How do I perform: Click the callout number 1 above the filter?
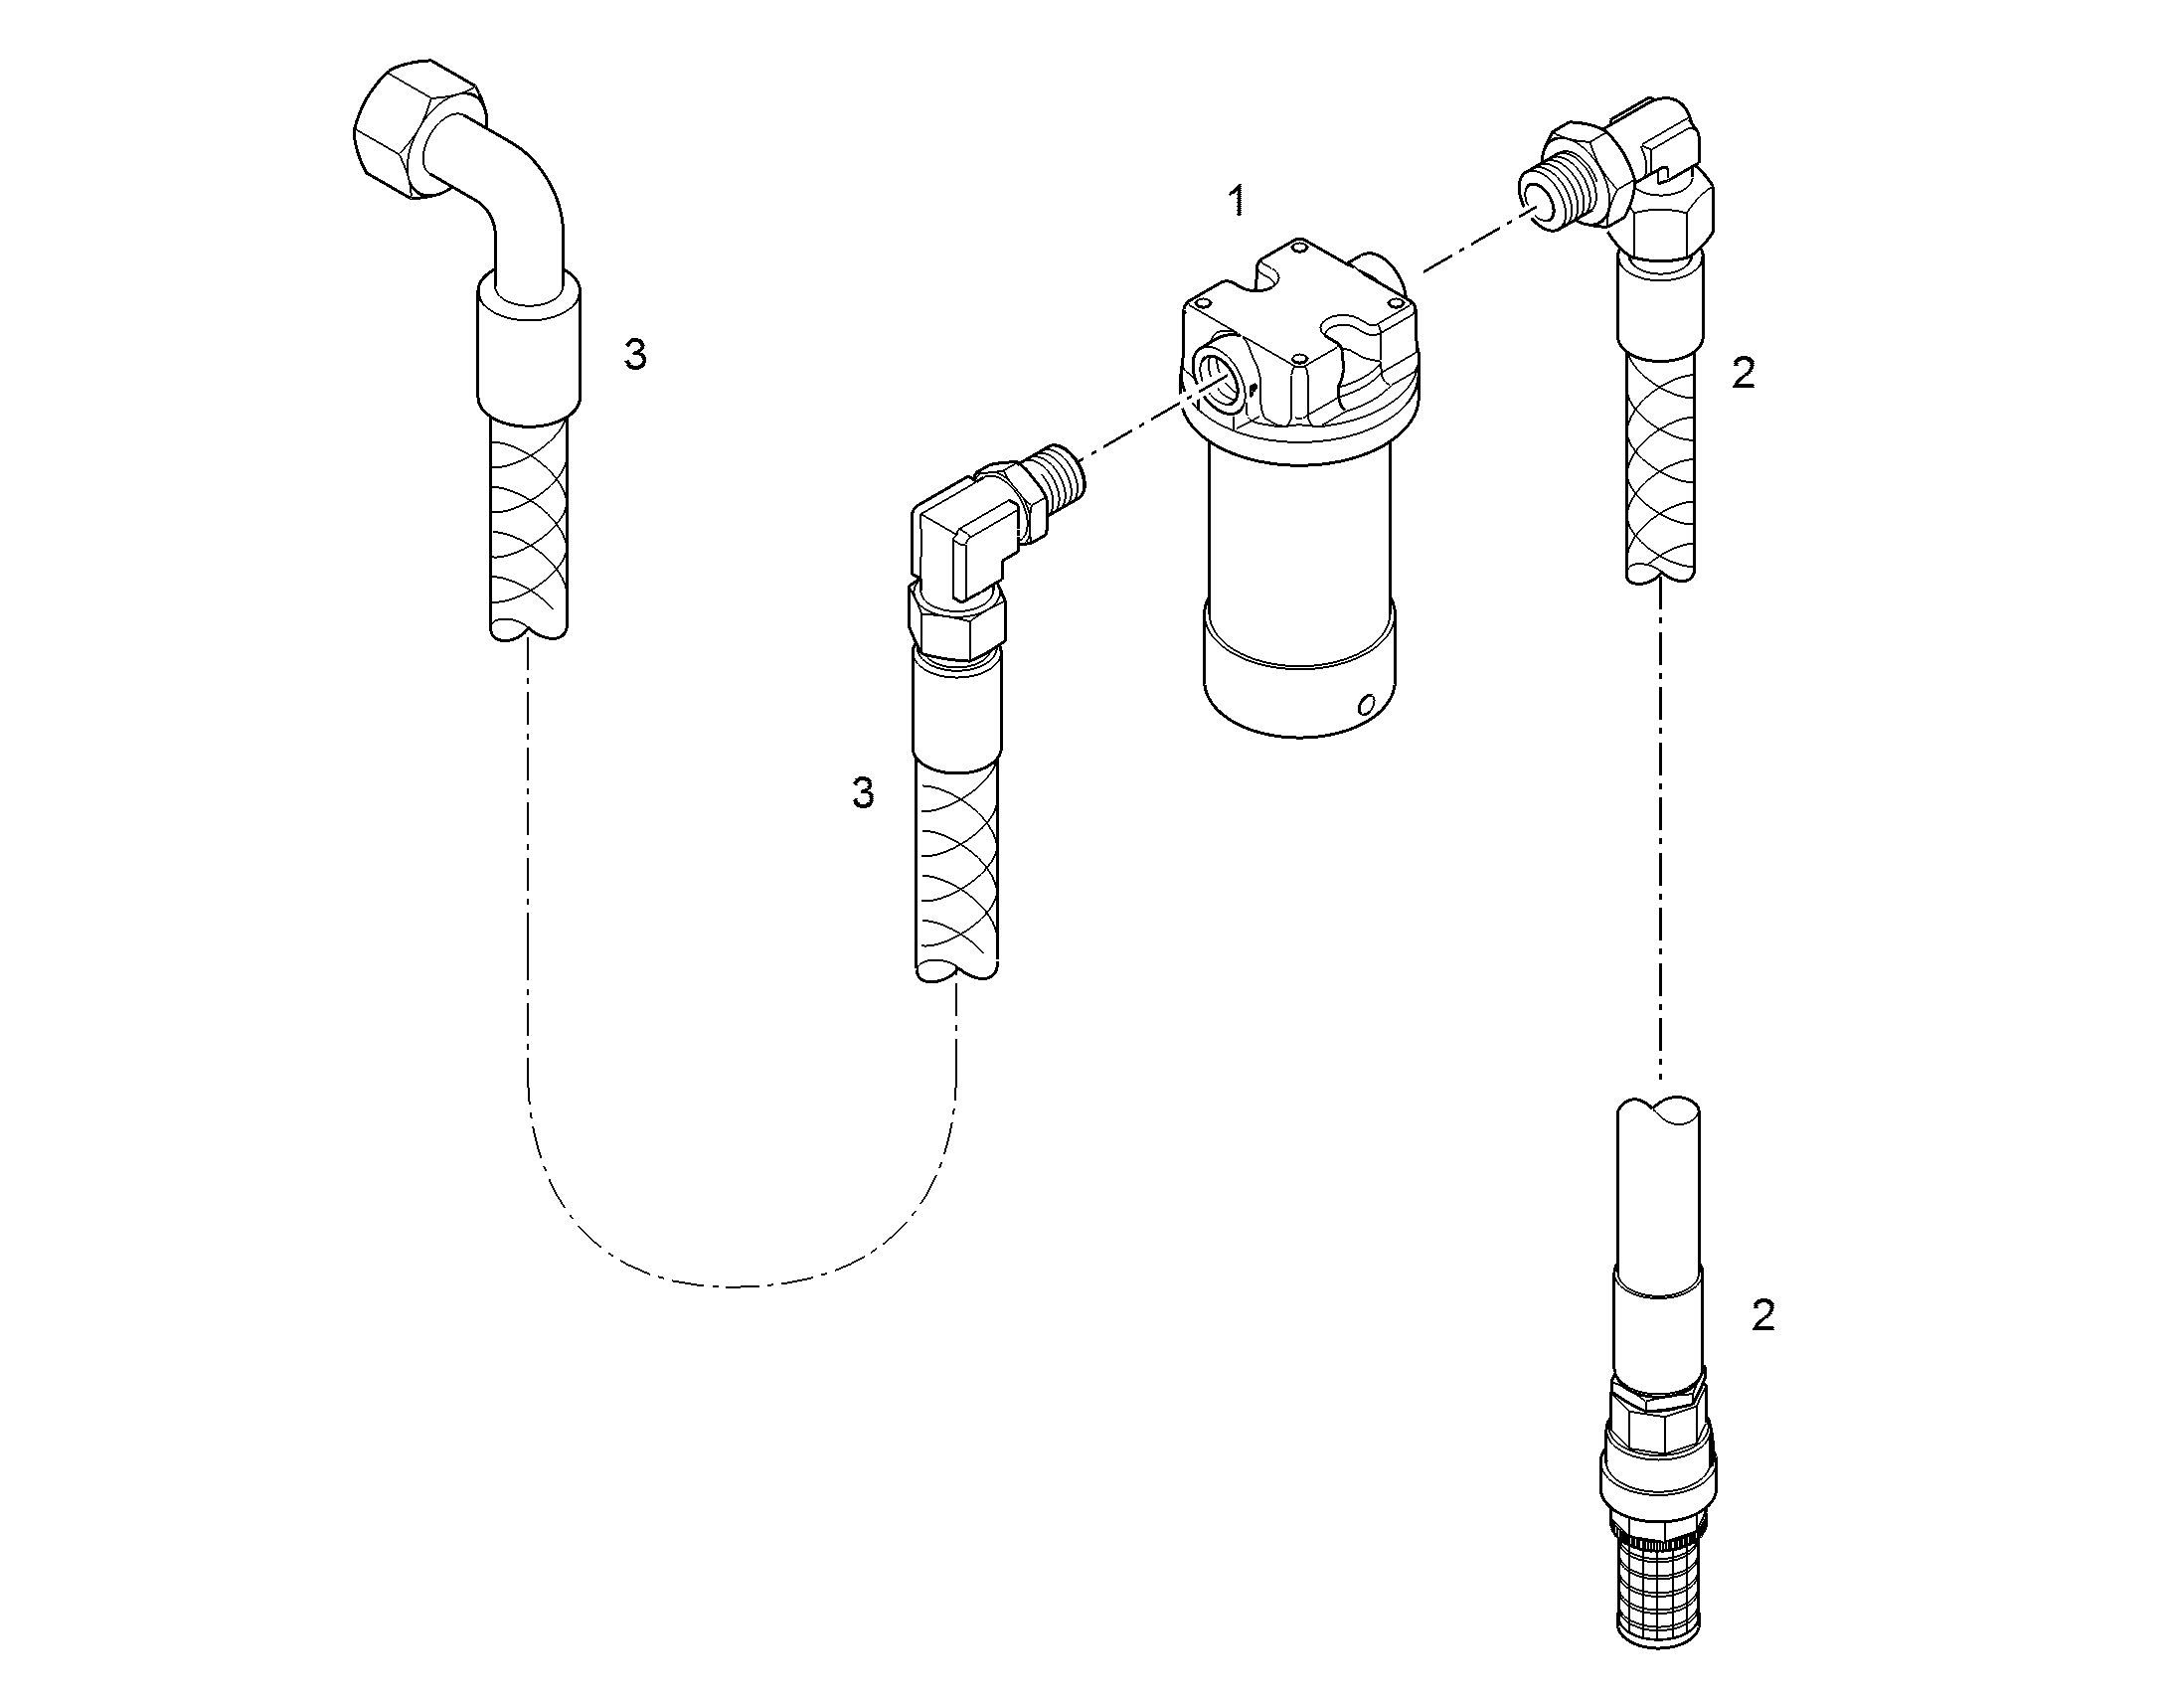1237,202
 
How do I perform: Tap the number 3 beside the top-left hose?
635,354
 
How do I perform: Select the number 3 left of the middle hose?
863,792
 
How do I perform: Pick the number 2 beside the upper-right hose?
1744,373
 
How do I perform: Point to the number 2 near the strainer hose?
1763,1316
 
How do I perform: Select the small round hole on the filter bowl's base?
1367,706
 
